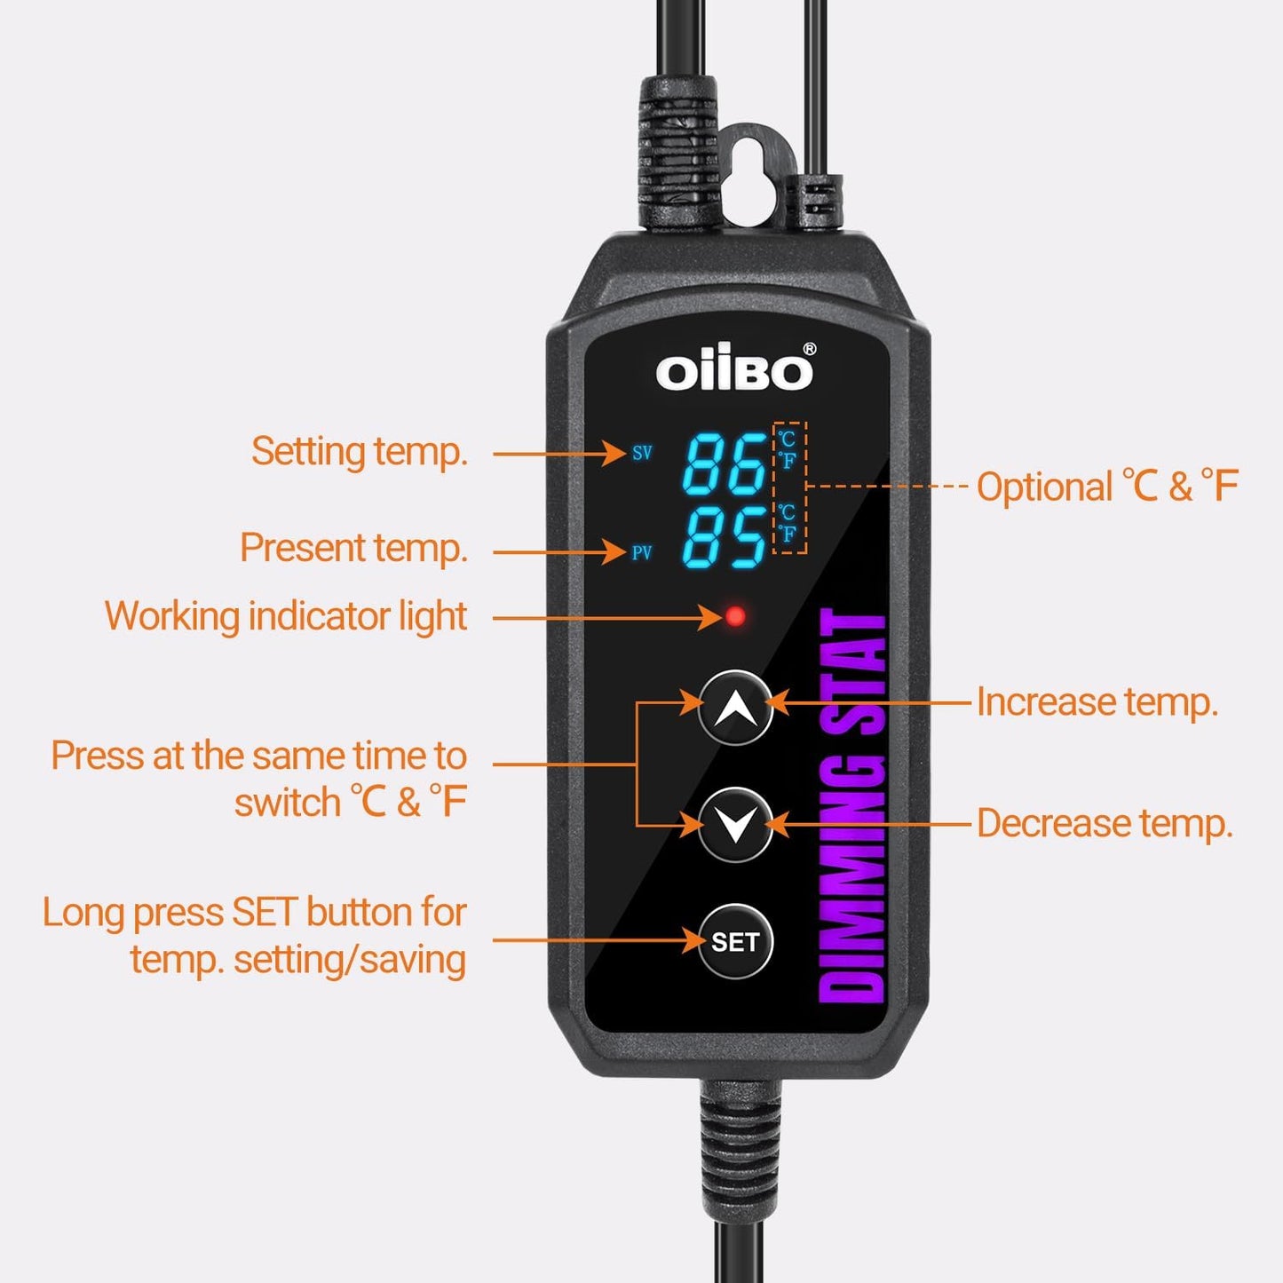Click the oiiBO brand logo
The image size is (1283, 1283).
click(733, 371)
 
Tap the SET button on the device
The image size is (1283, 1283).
click(735, 941)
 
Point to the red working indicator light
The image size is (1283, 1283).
click(735, 616)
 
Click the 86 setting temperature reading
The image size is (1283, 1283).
click(724, 463)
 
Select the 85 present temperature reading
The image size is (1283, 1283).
click(724, 538)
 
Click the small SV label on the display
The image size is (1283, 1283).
click(642, 453)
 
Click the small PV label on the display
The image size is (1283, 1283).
click(642, 552)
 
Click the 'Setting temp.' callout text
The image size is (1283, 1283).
click(359, 451)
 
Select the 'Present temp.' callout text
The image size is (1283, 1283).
click(353, 548)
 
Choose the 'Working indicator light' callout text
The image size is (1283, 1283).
click(286, 616)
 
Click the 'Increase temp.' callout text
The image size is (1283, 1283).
click(1097, 702)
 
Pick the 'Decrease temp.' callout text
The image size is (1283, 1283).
click(1105, 824)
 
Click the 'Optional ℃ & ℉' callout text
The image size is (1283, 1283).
click(1106, 487)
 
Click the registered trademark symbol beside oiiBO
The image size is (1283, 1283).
click(809, 350)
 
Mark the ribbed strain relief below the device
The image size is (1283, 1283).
click(740, 1145)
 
